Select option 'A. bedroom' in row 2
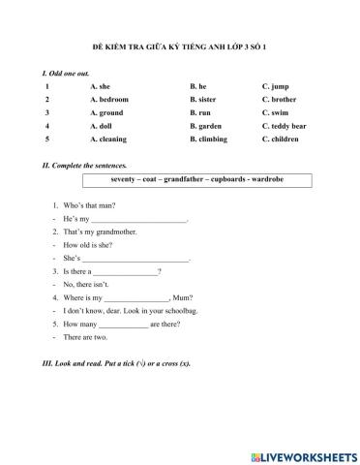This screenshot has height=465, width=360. pos(108,99)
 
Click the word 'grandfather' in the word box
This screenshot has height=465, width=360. pos(190,179)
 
